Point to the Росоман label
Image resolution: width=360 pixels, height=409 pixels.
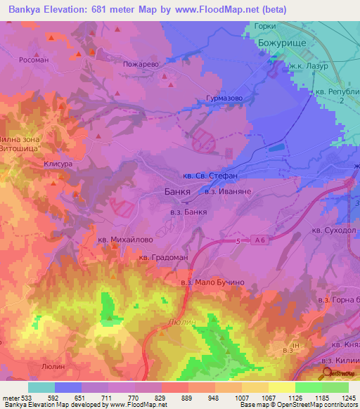[x=34, y=60]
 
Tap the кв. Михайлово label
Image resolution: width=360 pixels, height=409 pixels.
[x=126, y=240]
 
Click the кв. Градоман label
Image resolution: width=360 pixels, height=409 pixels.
[x=162, y=257]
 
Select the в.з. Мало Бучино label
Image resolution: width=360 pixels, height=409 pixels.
[x=212, y=282]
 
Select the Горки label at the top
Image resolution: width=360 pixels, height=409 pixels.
[x=266, y=25]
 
